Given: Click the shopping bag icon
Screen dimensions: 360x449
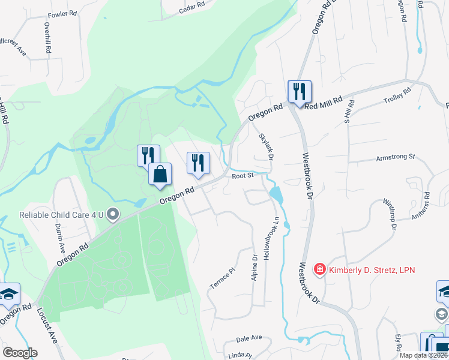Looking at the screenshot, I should coord(160,175).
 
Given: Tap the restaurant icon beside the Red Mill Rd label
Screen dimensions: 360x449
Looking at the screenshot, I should coord(299,92).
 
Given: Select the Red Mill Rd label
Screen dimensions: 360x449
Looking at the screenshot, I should coord(323,103).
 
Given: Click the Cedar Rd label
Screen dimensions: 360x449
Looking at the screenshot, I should coord(193,7).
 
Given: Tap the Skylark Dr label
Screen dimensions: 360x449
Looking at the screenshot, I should coord(266,146).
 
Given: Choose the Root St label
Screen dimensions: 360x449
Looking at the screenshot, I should coord(244,176).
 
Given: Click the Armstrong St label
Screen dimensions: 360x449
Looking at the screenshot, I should coord(396,157).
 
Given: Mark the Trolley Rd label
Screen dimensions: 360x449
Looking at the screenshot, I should coord(397,97).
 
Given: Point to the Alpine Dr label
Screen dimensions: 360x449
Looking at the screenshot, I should coord(255,266).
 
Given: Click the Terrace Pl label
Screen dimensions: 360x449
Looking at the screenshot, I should coord(220,279).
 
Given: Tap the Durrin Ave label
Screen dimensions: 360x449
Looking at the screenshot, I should coord(60,237).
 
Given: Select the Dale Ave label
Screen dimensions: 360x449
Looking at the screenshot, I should coord(250,339).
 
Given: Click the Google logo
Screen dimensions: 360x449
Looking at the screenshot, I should coord(19,353).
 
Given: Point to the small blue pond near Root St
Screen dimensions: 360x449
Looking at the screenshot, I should coord(276,194).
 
